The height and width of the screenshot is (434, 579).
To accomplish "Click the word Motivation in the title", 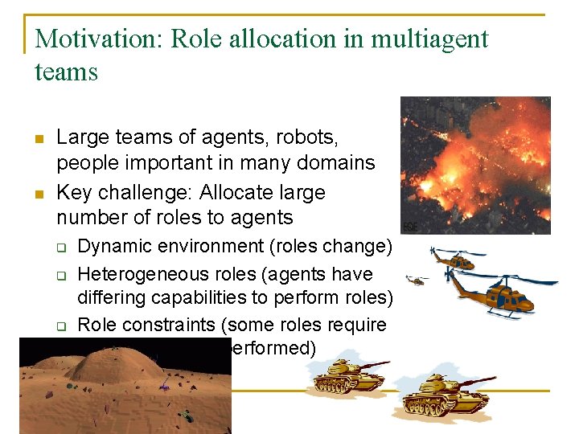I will (x=96, y=39).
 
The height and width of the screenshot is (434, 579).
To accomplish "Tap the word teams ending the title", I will (x=67, y=72).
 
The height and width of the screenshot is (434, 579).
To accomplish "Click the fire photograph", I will (x=475, y=166).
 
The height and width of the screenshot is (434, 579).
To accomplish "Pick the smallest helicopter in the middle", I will (x=417, y=280).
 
